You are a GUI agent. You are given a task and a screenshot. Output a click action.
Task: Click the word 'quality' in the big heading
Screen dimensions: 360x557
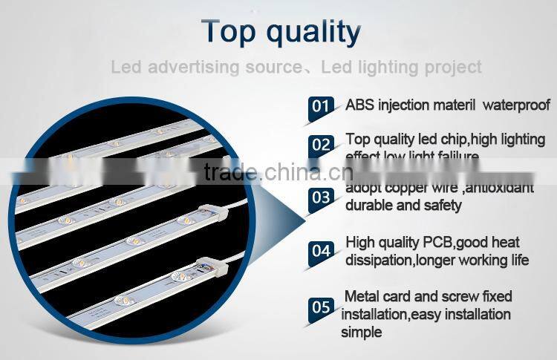(314, 33)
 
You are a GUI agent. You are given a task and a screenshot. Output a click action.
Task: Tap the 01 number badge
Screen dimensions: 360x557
(320, 106)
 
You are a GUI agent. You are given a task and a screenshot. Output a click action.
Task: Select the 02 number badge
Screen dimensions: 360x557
(321, 145)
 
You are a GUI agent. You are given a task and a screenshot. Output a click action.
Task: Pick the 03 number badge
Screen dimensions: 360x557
(321, 197)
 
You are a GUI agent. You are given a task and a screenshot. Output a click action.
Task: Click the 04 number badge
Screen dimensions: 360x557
(321, 251)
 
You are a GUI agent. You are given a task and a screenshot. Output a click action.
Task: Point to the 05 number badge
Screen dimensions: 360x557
(321, 305)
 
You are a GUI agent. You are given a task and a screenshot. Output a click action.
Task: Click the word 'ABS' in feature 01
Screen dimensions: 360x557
(359, 105)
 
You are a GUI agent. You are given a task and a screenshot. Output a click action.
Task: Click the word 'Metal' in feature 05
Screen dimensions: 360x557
(362, 296)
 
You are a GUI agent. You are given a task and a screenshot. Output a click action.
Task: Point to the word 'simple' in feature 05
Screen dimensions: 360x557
(361, 332)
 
